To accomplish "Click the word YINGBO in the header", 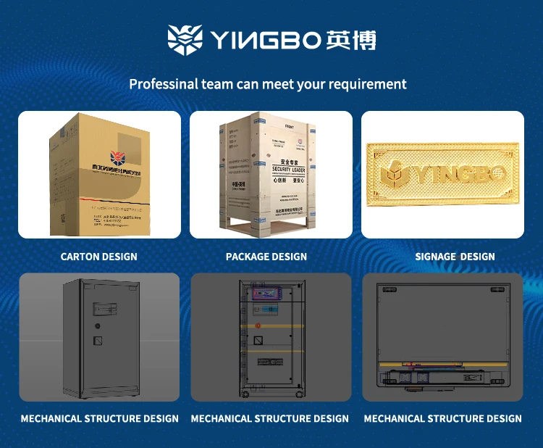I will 264,40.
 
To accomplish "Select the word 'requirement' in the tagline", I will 367,84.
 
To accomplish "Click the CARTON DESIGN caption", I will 98,257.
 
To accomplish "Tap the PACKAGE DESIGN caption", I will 266,257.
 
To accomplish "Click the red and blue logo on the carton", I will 117,157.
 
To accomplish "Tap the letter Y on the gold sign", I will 424,175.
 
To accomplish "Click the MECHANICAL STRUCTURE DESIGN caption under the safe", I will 99,419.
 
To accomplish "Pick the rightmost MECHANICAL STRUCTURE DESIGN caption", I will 442,419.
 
